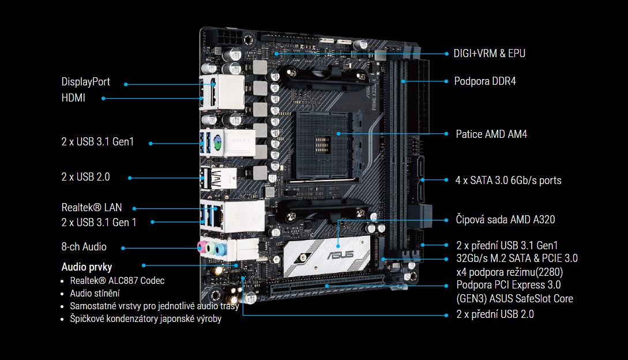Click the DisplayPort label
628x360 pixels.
tap(86, 82)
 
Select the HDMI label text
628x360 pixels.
tap(73, 98)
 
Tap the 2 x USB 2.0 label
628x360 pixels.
tap(86, 177)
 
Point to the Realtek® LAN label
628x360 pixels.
tap(92, 207)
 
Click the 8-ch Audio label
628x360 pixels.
tap(84, 246)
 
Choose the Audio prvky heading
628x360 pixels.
tap(87, 267)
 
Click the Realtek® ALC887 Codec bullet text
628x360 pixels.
tap(117, 280)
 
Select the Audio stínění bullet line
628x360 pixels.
tap(95, 294)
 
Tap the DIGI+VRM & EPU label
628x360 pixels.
tap(490, 54)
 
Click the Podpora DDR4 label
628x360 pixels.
tap(485, 81)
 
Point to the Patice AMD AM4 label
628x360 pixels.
tap(491, 134)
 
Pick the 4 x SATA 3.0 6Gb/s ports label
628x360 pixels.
tap(508, 181)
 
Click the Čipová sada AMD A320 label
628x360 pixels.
tap(505, 219)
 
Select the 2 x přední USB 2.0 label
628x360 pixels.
tap(495, 314)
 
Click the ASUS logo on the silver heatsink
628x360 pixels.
tap(340, 254)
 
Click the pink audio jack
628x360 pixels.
tap(202, 246)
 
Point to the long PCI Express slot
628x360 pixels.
tap(326, 286)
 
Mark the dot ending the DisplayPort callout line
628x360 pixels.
tap(126, 84)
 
